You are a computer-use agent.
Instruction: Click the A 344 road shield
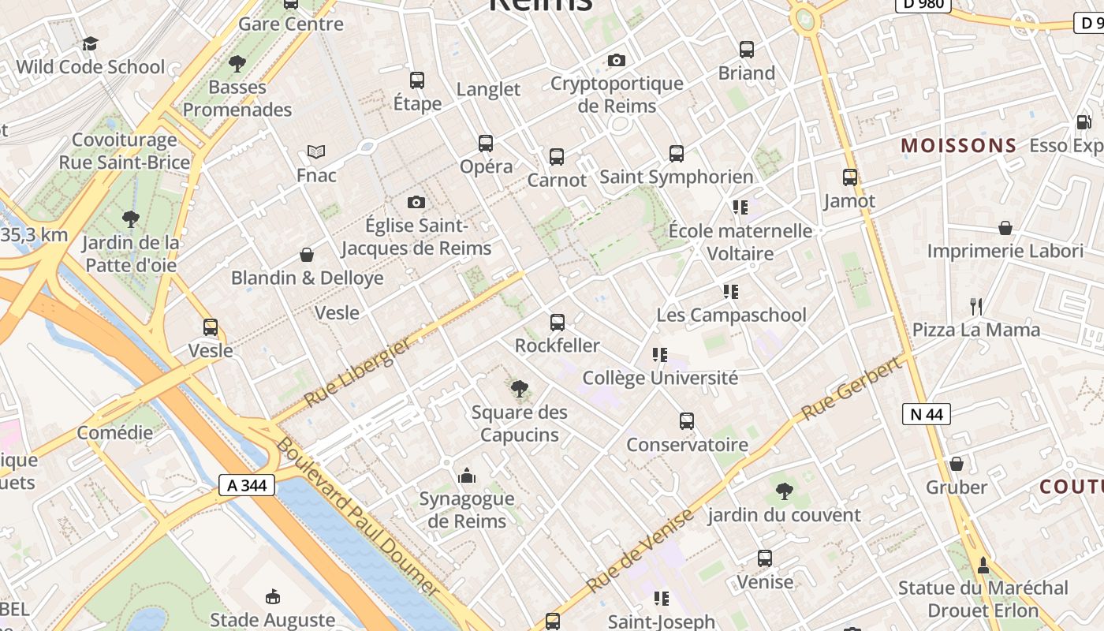(x=247, y=485)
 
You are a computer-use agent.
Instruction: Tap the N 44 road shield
(x=927, y=414)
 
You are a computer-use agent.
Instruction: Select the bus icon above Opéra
(x=486, y=144)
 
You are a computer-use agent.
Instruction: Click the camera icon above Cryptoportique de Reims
(x=617, y=60)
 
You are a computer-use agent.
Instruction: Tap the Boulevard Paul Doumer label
(x=356, y=517)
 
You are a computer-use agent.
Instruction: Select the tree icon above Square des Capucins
(x=519, y=388)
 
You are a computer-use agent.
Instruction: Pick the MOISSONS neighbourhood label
(x=959, y=146)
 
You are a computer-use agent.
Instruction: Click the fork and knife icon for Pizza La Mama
(x=976, y=306)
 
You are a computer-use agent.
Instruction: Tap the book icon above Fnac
(x=316, y=151)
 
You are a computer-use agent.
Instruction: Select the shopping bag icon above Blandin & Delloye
(x=307, y=255)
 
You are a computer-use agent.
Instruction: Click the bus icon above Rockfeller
(x=558, y=322)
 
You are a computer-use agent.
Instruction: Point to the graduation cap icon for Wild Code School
(x=91, y=43)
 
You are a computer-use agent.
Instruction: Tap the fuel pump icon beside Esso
(x=1083, y=122)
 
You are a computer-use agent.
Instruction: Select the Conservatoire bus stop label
(x=687, y=445)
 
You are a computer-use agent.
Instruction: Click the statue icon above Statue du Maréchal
(x=983, y=565)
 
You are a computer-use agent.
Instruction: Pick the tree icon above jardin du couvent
(x=784, y=491)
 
